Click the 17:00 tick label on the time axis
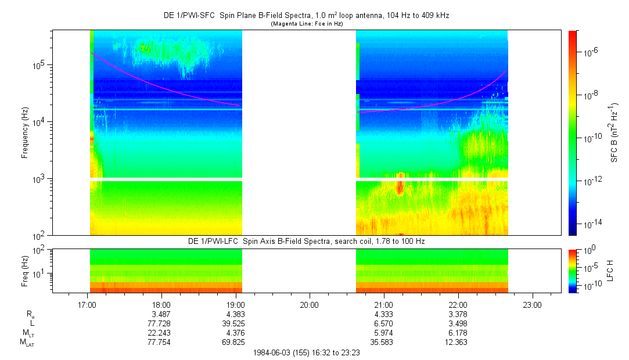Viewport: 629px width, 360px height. click(x=87, y=304)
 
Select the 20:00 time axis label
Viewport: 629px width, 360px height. click(x=310, y=304)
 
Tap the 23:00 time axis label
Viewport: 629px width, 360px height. click(x=533, y=304)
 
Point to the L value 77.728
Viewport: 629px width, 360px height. click(x=161, y=323)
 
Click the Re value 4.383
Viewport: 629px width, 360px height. click(x=235, y=314)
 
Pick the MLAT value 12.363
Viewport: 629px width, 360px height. click(x=458, y=343)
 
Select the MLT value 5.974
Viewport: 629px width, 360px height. click(x=384, y=333)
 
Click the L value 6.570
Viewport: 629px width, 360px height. click(x=384, y=323)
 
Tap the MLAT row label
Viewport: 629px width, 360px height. click(x=26, y=343)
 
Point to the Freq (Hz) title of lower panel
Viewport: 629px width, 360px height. click(x=25, y=270)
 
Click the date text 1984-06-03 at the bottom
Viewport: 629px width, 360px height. click(x=274, y=352)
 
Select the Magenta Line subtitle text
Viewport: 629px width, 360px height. click(x=307, y=24)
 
